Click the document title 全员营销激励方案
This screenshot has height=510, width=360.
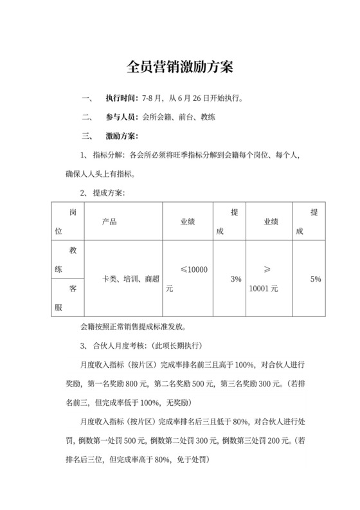[x=180, y=67]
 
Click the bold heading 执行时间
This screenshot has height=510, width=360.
[x=122, y=98]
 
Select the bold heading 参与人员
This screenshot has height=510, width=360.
[x=122, y=118]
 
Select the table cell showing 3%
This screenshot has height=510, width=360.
[x=235, y=278]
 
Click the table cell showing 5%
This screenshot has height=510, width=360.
[x=315, y=278]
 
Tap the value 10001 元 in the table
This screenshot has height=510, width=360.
[x=263, y=289]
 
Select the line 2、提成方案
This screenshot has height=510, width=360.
[x=102, y=193]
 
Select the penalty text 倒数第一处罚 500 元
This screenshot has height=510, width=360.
[x=113, y=443]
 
